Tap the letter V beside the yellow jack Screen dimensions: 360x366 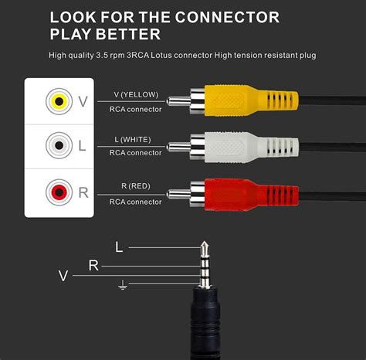83,101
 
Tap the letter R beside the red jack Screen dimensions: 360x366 83,192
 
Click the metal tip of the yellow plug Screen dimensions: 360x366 175,101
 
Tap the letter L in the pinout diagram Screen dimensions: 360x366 118,247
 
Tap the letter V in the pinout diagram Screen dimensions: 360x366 64,275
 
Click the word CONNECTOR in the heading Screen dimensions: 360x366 236,17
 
